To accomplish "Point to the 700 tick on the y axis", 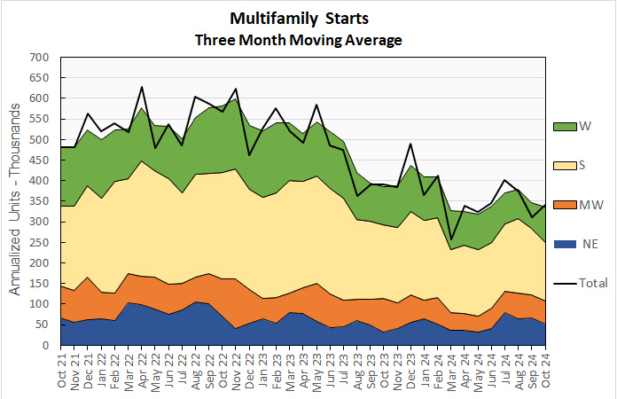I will (39, 58).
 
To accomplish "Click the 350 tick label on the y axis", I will (39, 201).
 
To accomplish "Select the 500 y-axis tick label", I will (39, 140).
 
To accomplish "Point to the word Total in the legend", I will (594, 283).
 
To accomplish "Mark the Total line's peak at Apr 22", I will (142, 87).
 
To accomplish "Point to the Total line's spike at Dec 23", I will (410, 144).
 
